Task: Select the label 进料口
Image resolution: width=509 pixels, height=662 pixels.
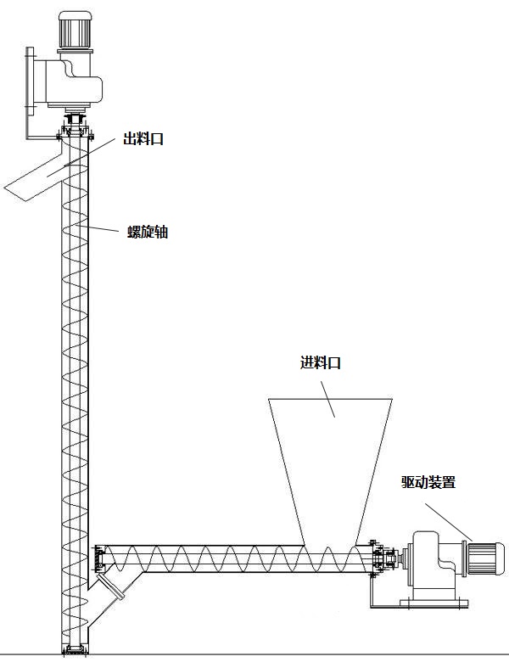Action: pyautogui.click(x=321, y=362)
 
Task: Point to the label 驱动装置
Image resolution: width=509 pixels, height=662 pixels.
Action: pyautogui.click(x=428, y=482)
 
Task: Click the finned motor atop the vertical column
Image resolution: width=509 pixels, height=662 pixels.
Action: pyautogui.click(x=75, y=31)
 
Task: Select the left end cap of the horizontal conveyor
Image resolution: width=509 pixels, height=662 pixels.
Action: pyautogui.click(x=98, y=558)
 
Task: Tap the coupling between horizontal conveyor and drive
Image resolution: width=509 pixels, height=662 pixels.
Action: pyautogui.click(x=390, y=558)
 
